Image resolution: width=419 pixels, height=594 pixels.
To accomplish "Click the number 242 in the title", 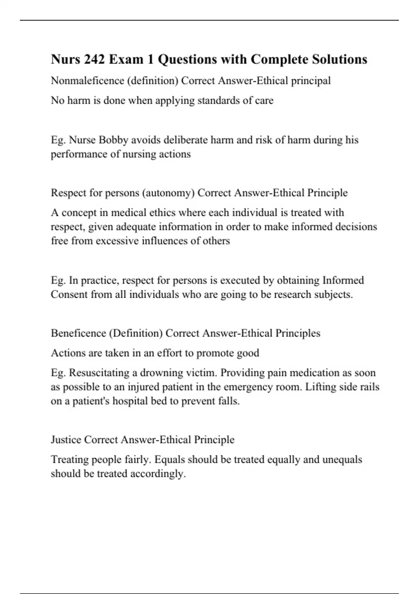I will (x=94, y=59).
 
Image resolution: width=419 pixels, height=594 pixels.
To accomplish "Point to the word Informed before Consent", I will (x=343, y=280).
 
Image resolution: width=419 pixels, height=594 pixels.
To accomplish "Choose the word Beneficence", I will (x=79, y=333).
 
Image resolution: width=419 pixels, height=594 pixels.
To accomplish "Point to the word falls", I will (x=229, y=401).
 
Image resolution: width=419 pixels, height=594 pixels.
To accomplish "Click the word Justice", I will (x=66, y=440).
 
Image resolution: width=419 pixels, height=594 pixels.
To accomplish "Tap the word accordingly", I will (x=158, y=474).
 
